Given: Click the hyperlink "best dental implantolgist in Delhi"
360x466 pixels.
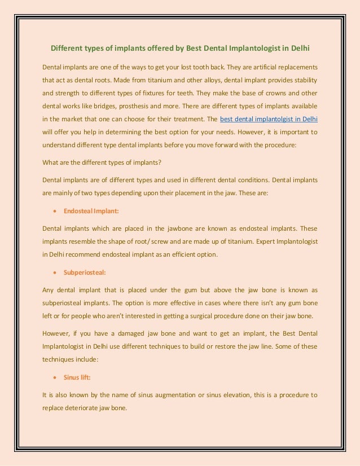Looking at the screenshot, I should (269, 120).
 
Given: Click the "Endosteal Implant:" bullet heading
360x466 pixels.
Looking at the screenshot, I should (91, 211).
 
